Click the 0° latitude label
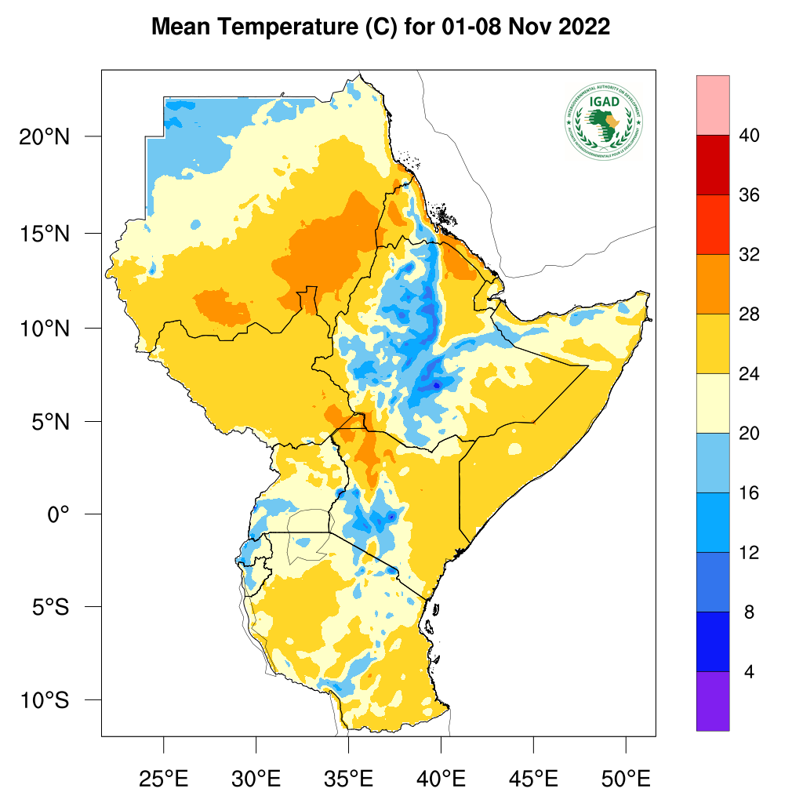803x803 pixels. [59, 514]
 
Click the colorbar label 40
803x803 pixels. [749, 136]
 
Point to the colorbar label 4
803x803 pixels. [749, 672]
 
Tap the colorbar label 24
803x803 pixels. [749, 374]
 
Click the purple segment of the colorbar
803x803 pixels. [712, 701]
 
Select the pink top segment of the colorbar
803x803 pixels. [712, 105]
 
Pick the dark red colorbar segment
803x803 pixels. [712, 165]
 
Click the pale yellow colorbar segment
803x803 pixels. [712, 403]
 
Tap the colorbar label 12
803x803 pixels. [749, 553]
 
